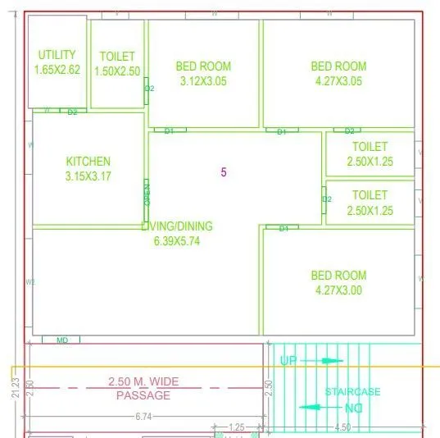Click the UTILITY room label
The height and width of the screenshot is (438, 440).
coord(57,55)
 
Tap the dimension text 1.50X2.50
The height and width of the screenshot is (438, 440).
coord(117,71)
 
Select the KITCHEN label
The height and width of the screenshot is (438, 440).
coord(88,162)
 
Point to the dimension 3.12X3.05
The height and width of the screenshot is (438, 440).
coord(203,81)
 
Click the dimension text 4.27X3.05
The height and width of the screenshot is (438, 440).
coord(338,81)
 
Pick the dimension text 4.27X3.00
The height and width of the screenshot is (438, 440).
coord(338,290)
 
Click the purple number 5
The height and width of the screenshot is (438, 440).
coord(224,172)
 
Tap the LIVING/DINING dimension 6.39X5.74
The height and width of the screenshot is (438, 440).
coord(176,241)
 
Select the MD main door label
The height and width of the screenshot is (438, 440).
coord(62,340)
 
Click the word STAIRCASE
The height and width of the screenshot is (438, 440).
coord(352,392)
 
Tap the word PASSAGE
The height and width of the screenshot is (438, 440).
coord(143,395)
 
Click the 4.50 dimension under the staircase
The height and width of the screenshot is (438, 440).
coord(343,427)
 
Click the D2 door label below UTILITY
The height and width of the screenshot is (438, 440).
coord(72,112)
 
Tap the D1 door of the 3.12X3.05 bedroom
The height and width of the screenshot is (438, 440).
coord(170,130)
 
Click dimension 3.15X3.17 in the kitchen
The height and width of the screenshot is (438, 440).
coord(88,176)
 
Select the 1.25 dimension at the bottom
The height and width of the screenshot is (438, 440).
coord(237,427)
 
